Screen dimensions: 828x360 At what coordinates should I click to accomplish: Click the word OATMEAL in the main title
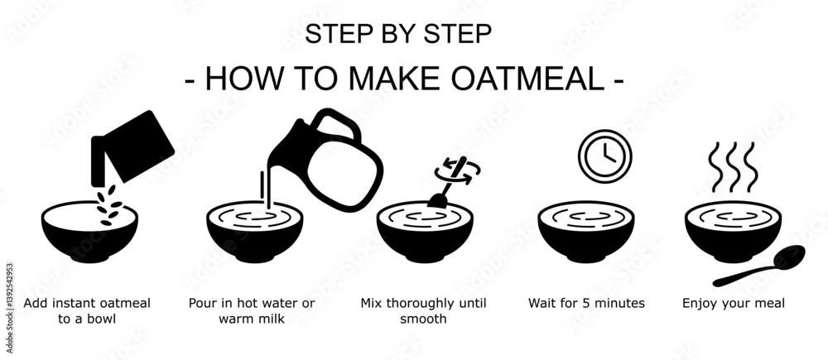[527, 79]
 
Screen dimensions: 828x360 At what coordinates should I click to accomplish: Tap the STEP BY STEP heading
[398, 34]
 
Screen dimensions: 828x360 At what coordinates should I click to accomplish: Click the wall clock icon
[604, 156]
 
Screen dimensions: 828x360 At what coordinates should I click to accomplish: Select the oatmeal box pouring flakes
[132, 146]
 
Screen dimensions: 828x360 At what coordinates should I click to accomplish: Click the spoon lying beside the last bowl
[758, 266]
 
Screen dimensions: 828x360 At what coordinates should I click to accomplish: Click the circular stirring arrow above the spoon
[457, 171]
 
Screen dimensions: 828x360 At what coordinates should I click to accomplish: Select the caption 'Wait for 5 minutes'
[587, 303]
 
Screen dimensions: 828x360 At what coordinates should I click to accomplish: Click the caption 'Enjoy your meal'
[734, 304]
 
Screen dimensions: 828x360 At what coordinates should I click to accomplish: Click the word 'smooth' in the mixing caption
[423, 319]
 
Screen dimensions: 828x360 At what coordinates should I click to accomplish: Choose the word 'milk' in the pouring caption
[271, 319]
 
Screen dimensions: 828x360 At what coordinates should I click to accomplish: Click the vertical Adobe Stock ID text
[9, 308]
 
